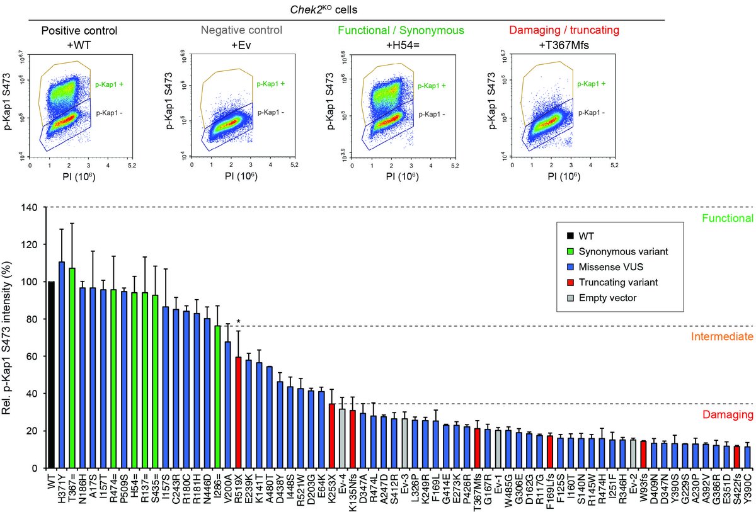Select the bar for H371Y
tap(62, 365)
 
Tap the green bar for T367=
tap(72, 368)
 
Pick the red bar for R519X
tap(238, 412)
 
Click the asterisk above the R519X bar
tap(238, 322)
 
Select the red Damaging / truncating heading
tap(562, 30)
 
